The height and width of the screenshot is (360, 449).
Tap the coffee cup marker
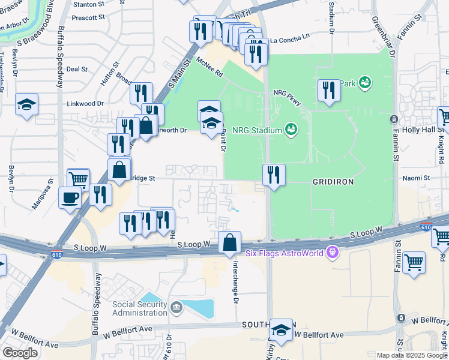coord(70,197)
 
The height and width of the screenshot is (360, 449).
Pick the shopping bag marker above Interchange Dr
coord(229,243)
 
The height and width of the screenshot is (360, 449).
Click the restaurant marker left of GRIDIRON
coord(273,175)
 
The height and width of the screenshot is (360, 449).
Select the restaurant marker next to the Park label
coord(328,91)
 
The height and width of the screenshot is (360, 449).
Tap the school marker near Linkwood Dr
coord(26,106)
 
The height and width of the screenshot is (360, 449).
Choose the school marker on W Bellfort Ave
coord(281,330)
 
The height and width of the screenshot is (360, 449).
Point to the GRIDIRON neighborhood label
coord(332,181)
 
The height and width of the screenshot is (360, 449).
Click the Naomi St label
coord(418,178)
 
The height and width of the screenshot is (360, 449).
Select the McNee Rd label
coord(211,71)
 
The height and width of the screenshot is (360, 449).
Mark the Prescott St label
coord(88,18)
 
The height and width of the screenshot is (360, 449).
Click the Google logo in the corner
coord(20,353)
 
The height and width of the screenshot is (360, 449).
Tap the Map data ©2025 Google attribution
coord(411,355)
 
